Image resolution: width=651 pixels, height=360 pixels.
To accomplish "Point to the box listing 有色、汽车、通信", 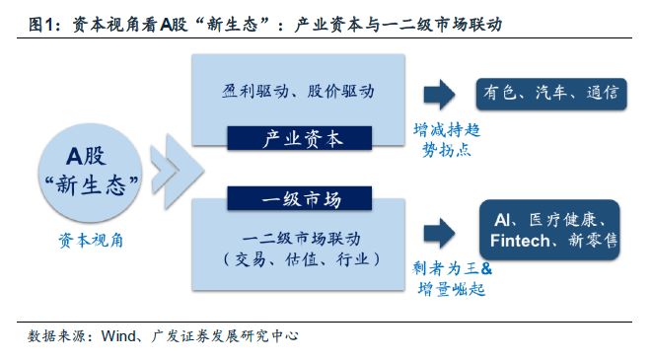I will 549,93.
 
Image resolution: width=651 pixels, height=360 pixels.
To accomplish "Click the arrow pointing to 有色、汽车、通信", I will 440,94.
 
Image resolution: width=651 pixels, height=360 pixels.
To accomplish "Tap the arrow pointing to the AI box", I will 440,233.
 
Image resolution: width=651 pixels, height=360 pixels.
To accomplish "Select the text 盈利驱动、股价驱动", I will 298,90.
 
